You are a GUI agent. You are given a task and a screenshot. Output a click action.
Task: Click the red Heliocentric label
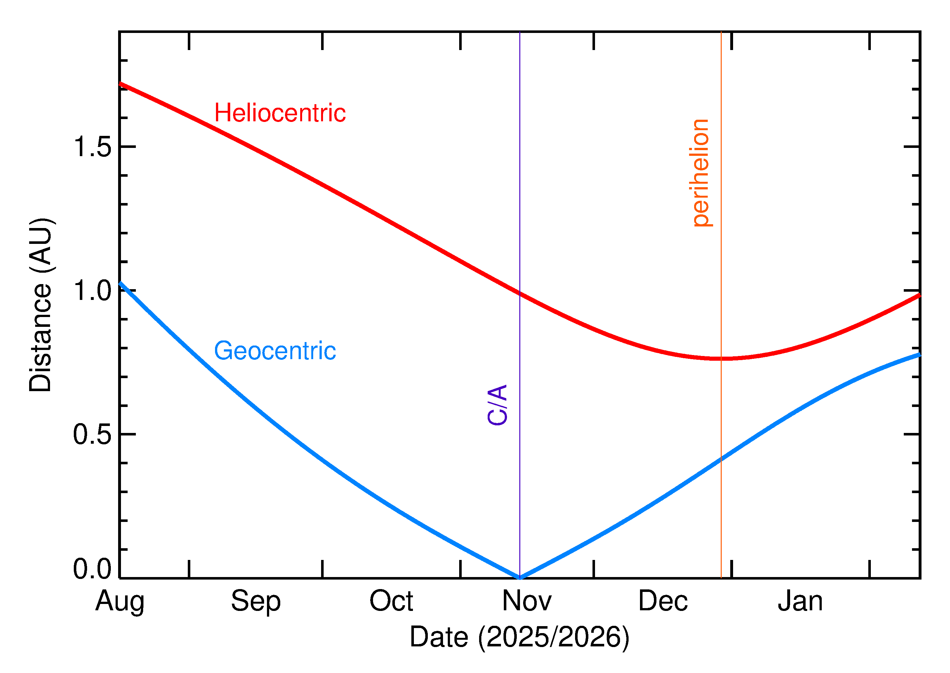point(280,113)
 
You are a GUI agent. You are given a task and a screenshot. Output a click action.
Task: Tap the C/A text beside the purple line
point(497,405)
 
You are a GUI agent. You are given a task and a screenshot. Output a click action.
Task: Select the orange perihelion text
point(701,173)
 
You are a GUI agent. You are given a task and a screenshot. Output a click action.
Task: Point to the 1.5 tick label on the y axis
point(92,147)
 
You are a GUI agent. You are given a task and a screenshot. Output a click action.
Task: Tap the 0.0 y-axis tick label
point(92,568)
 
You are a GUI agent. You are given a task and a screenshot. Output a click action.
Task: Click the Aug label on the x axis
point(120,601)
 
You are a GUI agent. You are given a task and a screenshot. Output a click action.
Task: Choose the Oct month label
point(391,601)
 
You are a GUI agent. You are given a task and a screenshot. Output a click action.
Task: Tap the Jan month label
point(800,601)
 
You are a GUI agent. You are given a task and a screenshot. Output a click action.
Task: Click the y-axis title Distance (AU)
point(41,305)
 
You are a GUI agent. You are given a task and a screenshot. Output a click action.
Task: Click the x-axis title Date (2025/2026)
point(520,637)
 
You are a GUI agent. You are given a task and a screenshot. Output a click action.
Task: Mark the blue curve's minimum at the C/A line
point(520,577)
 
